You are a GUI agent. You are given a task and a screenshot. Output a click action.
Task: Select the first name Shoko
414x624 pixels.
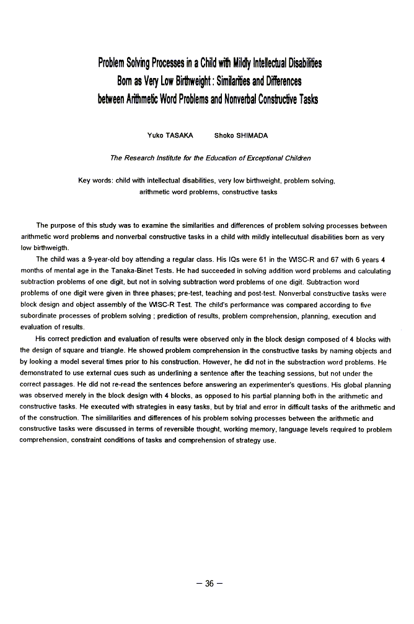(223, 135)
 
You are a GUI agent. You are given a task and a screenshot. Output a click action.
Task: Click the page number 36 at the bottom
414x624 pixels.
(209, 583)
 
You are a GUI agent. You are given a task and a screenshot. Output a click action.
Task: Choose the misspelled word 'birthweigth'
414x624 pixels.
(46, 248)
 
